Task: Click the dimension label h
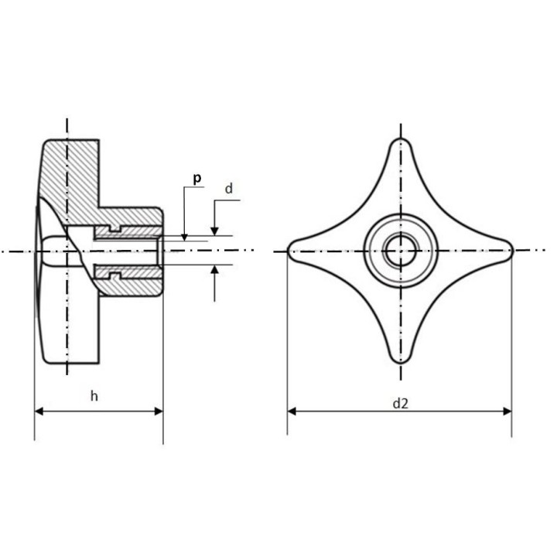pyautogui.click(x=94, y=396)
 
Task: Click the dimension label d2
pyautogui.click(x=401, y=404)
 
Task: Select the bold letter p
pyautogui.click(x=197, y=179)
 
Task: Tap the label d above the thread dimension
pyautogui.click(x=229, y=189)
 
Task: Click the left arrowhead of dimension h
pyautogui.click(x=39, y=412)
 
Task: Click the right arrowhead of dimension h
pyautogui.click(x=159, y=412)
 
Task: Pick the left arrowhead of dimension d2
pyautogui.click(x=292, y=412)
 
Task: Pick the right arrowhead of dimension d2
pyautogui.click(x=507, y=412)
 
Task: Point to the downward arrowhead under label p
pyautogui.click(x=184, y=237)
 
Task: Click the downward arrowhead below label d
pyautogui.click(x=214, y=231)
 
